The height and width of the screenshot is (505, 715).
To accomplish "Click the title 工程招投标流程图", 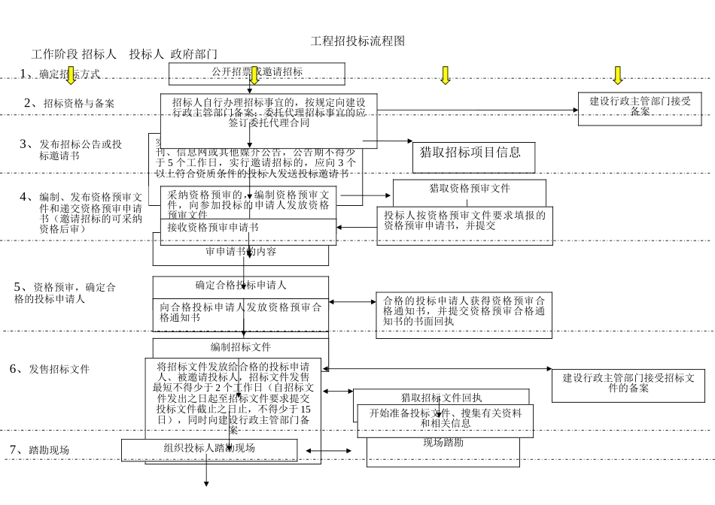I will pos(357,41).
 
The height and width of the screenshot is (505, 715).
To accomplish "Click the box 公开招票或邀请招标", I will pos(257,73).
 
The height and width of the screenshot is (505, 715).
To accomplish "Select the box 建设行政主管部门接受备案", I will pos(639,106).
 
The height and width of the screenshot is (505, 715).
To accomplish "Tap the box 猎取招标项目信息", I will pos(470,153).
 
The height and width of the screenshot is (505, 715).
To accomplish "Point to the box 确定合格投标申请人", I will pos(241,286).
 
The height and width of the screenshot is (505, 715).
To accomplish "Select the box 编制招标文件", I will pos(241,347).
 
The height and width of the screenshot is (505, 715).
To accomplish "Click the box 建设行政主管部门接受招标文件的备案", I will pos(628,384).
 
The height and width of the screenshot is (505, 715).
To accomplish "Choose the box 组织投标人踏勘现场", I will pos(209,449).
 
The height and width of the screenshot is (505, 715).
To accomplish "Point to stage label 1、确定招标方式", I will pos(60,74).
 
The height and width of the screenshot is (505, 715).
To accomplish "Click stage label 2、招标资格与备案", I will pos(69,104).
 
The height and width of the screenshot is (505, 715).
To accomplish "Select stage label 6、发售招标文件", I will pos(50,369).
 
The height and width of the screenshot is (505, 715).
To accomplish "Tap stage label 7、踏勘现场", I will pos(39,449).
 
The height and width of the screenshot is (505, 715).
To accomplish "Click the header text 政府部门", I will pos(194,54).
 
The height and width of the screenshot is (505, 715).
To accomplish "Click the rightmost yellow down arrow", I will pos(618,74).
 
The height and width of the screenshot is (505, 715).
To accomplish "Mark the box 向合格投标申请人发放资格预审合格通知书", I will pos(241,312).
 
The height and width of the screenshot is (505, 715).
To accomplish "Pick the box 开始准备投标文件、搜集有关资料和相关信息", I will pos(446,418).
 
